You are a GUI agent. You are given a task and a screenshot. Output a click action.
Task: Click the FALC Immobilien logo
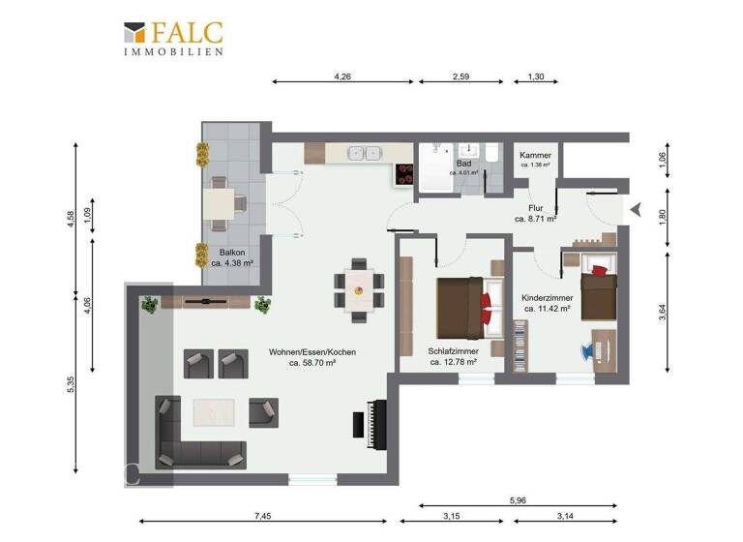click(x=174, y=38)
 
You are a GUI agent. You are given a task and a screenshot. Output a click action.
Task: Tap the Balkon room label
click(x=231, y=256)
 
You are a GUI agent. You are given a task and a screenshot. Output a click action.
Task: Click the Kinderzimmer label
click(x=548, y=304)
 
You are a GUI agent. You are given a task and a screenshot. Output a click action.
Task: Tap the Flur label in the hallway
click(x=535, y=213)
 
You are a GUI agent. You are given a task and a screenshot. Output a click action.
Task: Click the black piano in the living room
click(x=366, y=425)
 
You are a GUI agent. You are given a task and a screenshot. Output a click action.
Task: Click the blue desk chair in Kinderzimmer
click(x=589, y=351)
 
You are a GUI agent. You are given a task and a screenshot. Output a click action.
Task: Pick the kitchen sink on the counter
click(x=364, y=153)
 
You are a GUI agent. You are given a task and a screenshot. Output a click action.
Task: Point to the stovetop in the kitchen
click(x=404, y=173)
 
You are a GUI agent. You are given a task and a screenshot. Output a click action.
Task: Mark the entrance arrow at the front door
click(x=635, y=208)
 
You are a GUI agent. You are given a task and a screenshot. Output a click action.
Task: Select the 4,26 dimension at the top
click(x=342, y=75)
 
